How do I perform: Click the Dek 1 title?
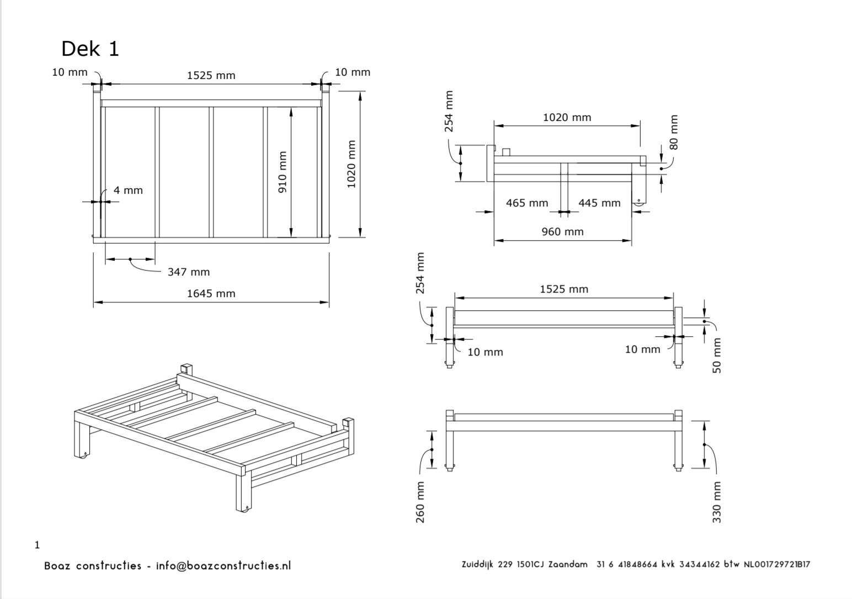(90, 49)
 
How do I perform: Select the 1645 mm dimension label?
(211, 293)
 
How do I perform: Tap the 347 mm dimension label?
(189, 272)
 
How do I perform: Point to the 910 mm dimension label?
(283, 172)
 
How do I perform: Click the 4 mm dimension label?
(128, 190)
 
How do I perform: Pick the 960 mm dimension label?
(562, 231)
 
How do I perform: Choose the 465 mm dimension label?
(527, 203)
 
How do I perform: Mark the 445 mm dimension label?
(599, 203)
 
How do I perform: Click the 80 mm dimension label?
(673, 132)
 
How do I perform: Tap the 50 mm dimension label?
(716, 356)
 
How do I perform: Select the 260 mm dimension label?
(420, 502)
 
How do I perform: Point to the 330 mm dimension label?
(716, 502)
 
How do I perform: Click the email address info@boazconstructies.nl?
(223, 565)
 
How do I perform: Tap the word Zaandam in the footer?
(568, 564)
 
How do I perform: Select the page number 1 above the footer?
(38, 545)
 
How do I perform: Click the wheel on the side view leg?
(639, 204)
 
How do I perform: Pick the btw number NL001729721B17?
(777, 564)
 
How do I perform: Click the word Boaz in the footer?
(57, 566)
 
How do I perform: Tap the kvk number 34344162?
(700, 564)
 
